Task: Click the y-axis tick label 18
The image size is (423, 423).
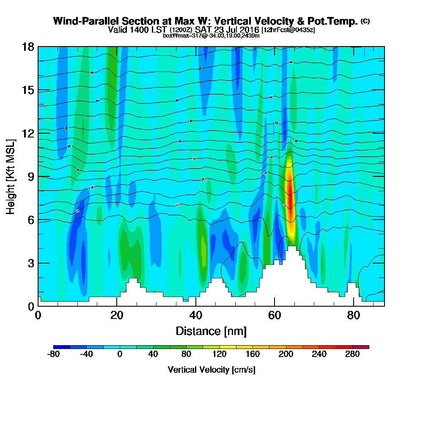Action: point(28,47)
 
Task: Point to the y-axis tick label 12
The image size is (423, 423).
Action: point(28,133)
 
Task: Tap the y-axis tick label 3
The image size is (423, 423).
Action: point(31,263)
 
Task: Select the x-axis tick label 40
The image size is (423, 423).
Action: point(195,315)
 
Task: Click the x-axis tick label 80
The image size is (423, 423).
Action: point(353,315)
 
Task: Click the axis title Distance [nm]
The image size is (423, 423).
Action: point(211,330)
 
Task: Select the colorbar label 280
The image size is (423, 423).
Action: point(352,354)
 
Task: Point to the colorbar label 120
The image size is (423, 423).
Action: point(219,354)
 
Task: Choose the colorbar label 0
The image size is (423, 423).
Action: point(120,354)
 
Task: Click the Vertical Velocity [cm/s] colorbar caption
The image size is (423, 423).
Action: point(211,369)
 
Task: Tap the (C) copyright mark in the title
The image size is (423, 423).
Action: point(365,21)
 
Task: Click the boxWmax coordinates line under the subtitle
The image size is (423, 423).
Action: point(211,36)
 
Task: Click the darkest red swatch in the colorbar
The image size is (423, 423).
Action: point(365,347)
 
